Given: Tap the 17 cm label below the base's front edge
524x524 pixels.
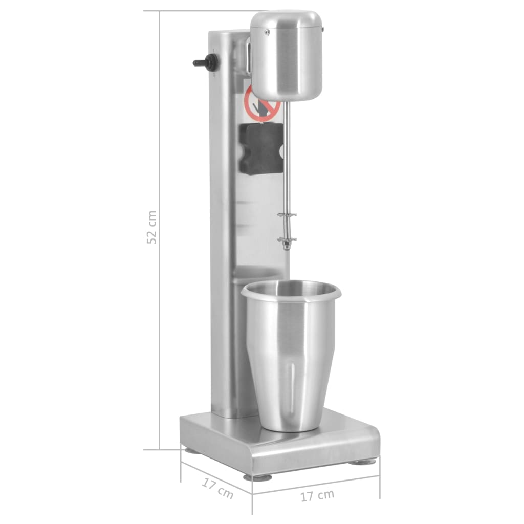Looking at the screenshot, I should [317, 495].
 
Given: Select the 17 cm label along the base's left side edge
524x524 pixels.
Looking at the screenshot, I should [217, 489].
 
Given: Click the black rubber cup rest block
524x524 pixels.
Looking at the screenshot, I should [261, 148].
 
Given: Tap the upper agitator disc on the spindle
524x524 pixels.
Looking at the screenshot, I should [287, 215].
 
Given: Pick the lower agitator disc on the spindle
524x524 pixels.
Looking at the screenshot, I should [287, 239].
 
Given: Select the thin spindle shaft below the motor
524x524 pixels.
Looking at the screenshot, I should [286, 164].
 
